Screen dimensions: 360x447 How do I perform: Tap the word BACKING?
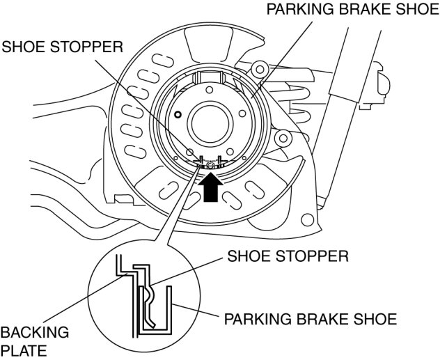coord(35,333)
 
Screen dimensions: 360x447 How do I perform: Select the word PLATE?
coord(25,350)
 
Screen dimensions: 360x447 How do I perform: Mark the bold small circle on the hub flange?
coord(179,114)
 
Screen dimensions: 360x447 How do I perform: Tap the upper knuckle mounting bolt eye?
coord(260,69)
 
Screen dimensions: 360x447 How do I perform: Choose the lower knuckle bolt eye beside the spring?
coord(283,138)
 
